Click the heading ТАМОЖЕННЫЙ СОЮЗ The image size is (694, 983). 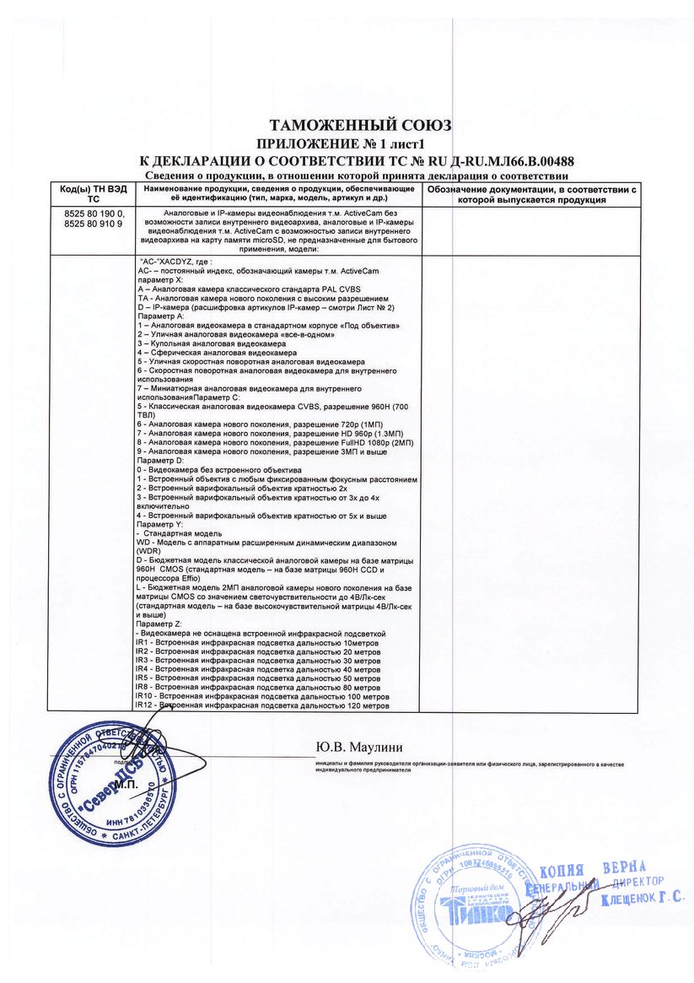pyautogui.click(x=360, y=126)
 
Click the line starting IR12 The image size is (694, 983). pyautogui.click(x=262, y=705)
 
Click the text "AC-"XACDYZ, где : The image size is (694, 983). pyautogui.click(x=175, y=262)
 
